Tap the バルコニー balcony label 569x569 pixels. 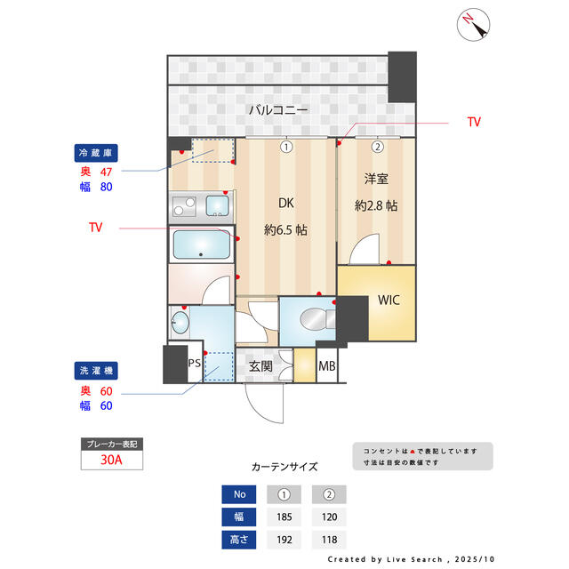point(277,111)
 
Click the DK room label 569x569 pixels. point(285,204)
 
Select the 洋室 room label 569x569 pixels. point(375,180)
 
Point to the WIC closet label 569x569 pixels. point(389,300)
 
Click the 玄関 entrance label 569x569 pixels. point(260,366)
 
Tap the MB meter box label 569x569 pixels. point(327,366)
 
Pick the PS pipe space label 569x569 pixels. point(194,363)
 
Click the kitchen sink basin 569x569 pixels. point(217,206)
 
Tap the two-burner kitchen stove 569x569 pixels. point(185,209)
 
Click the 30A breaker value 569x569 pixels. point(111,460)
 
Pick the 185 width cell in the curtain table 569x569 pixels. point(284,517)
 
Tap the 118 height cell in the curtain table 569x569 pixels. point(328,539)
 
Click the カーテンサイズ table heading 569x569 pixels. point(284,466)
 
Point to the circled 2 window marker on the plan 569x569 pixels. point(377,147)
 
